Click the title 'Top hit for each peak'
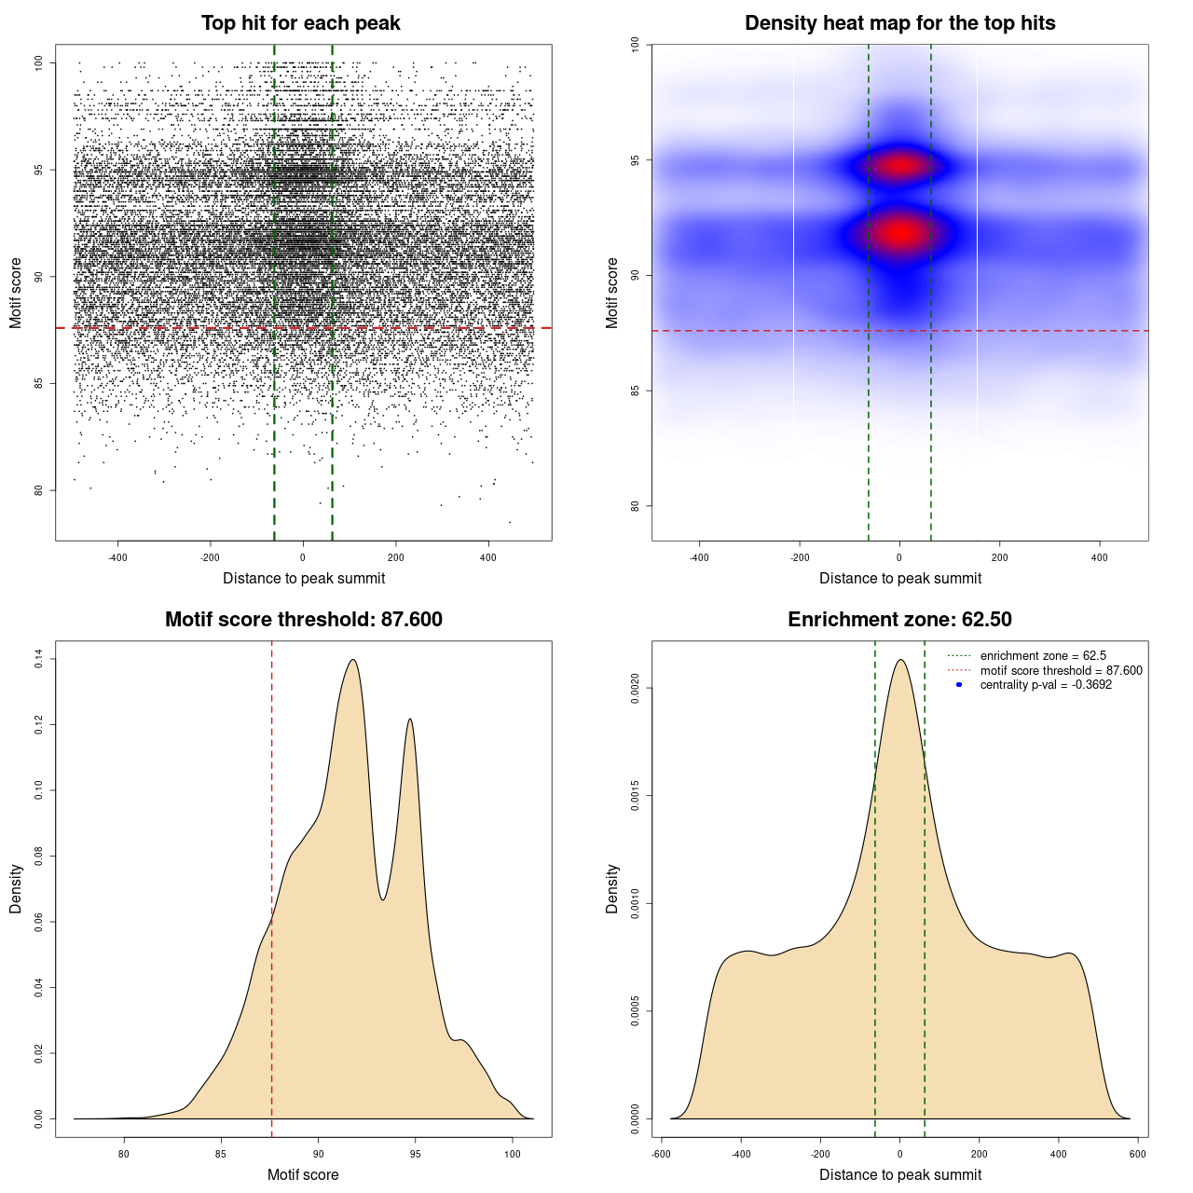(x=301, y=23)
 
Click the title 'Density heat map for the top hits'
(x=899, y=23)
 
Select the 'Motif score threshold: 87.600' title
(x=303, y=620)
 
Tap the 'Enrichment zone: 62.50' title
(x=899, y=620)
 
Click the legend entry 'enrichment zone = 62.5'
(x=1043, y=656)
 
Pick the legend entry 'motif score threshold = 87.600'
(x=1061, y=670)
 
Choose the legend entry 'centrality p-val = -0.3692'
(x=1046, y=685)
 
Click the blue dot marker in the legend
(x=959, y=685)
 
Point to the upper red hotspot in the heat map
(x=899, y=166)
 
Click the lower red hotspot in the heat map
(x=899, y=233)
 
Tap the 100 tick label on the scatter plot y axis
(x=39, y=62)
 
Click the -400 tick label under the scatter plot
(x=117, y=558)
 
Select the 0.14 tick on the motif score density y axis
(x=39, y=660)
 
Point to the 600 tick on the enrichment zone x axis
(x=1137, y=1154)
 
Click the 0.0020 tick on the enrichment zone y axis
(x=636, y=689)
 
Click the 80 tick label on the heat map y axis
(x=636, y=506)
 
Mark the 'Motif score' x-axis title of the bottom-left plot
(x=303, y=1174)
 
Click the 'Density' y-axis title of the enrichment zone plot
(x=612, y=888)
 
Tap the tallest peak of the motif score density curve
(x=353, y=661)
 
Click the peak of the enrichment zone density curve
(x=900, y=661)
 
